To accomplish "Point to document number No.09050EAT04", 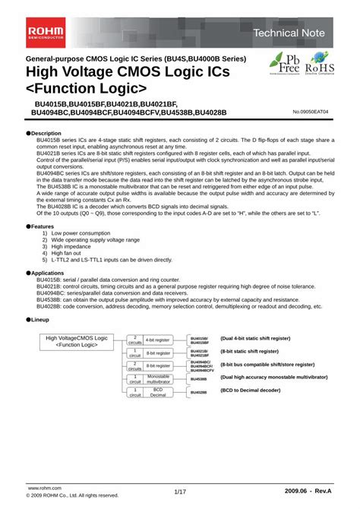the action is click(x=312, y=112).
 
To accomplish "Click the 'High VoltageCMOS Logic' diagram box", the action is click(x=77, y=342).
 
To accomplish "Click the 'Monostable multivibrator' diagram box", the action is click(x=159, y=378).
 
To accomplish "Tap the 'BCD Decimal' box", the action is click(x=159, y=392).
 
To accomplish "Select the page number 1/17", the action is click(x=179, y=492).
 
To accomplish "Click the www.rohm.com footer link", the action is click(x=43, y=487).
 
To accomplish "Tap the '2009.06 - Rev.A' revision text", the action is click(x=308, y=492).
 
